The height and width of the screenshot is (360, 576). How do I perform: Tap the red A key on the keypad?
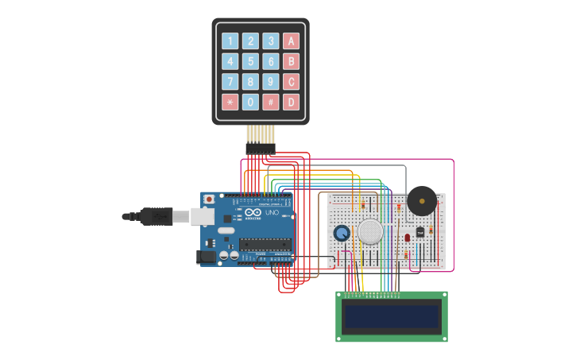pyautogui.click(x=292, y=41)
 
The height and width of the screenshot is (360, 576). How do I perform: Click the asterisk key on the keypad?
pyautogui.click(x=230, y=102)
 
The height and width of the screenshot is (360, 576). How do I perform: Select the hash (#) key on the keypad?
pyautogui.click(x=271, y=102)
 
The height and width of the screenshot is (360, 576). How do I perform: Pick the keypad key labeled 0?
pyautogui.click(x=250, y=102)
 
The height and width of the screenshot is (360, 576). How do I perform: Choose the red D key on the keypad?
pyautogui.click(x=292, y=102)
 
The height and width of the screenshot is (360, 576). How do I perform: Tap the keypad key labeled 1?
pyautogui.click(x=230, y=41)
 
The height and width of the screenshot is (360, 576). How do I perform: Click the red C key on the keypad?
pyautogui.click(x=292, y=82)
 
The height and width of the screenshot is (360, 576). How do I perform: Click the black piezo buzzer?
pyautogui.click(x=421, y=201)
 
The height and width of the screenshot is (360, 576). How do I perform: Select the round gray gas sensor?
pyautogui.click(x=370, y=231)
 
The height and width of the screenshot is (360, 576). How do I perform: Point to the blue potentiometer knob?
pyautogui.click(x=342, y=233)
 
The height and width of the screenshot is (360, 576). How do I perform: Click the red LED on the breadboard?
pyautogui.click(x=407, y=237)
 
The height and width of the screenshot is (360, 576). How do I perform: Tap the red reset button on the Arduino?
pyautogui.click(x=209, y=199)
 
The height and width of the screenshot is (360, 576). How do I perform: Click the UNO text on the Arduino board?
pyautogui.click(x=271, y=213)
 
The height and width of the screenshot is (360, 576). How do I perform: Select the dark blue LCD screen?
pyautogui.click(x=391, y=316)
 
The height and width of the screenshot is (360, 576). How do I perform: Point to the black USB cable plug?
pyautogui.click(x=156, y=215)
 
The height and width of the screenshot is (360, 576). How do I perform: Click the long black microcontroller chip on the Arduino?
pyautogui.click(x=264, y=244)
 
